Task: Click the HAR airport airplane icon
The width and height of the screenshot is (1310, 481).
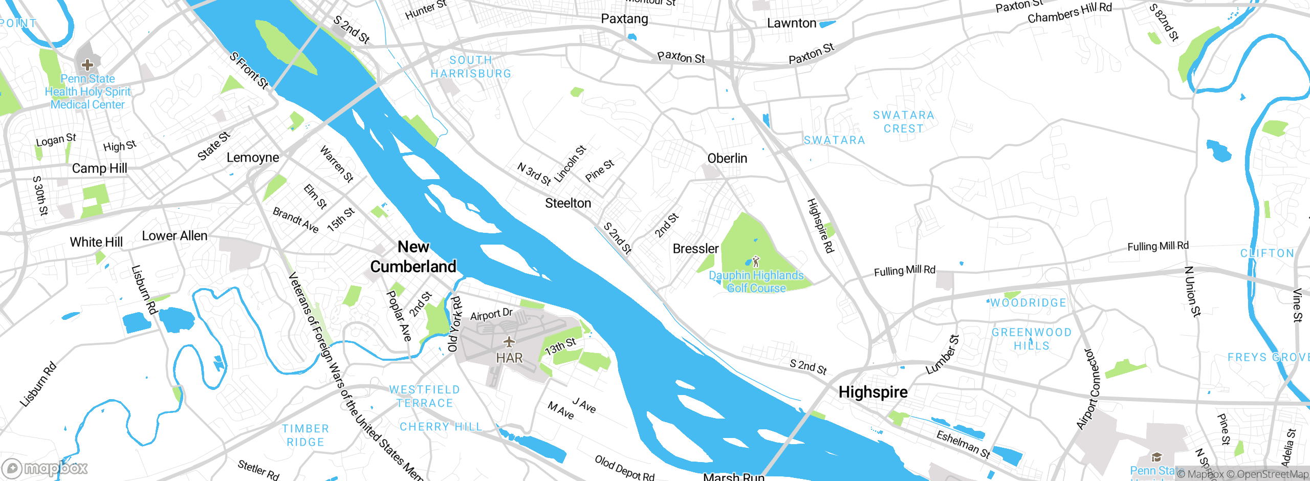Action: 509,342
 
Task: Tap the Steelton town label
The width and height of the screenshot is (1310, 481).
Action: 568,203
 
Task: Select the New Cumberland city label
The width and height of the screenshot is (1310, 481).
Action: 413,257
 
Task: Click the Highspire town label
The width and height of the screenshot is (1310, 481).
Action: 873,392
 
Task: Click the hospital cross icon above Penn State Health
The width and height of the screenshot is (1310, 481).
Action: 88,65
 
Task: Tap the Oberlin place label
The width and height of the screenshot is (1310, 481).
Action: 727,159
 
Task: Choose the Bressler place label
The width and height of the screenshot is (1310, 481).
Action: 695,249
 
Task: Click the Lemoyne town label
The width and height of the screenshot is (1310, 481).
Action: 253,158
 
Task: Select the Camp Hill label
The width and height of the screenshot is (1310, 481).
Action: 99,168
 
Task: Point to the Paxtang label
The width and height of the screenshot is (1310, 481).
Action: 624,19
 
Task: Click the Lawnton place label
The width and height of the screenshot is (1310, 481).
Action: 792,23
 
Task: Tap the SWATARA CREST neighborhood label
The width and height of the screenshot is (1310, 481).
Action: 904,122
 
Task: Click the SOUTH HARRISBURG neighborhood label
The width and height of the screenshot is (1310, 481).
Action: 471,67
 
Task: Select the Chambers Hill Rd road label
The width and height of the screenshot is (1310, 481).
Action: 1069,13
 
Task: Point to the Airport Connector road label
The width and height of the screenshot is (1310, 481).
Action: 1088,389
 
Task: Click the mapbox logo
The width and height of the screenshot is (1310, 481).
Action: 45,468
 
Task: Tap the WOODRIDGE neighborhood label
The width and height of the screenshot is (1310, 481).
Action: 1029,303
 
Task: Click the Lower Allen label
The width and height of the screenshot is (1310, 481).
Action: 174,236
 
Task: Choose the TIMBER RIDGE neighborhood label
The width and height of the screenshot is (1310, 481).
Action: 305,435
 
